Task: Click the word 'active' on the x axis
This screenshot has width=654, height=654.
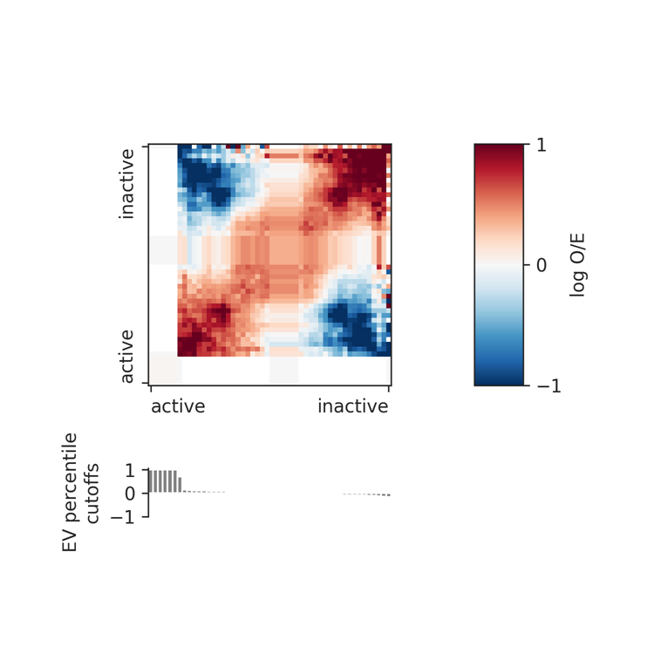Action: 178,406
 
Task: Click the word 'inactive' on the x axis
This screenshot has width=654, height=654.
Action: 352,406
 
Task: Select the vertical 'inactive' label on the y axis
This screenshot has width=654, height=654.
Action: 127,183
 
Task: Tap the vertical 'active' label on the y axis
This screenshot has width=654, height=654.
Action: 127,356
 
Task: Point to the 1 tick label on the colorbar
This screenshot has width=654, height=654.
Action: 541,145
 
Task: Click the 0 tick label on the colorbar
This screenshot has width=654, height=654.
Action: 541,264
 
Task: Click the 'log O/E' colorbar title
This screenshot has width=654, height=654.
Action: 577,264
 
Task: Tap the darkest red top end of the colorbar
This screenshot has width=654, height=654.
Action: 500,148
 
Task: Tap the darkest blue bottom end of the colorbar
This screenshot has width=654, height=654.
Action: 500,380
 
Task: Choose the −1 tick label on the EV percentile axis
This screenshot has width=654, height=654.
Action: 125,517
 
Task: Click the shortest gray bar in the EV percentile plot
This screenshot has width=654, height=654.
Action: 180,485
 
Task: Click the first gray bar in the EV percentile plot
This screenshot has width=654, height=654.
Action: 150,481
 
